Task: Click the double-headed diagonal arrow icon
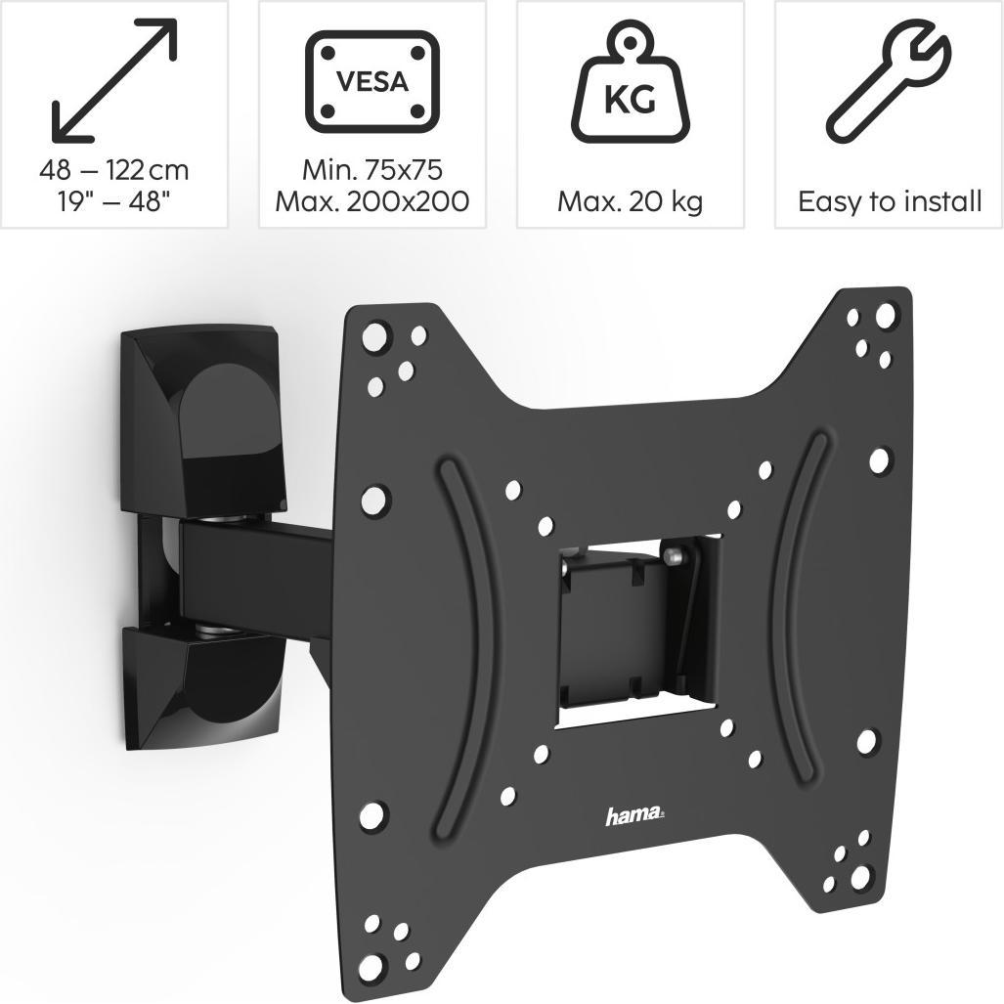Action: tap(114, 79)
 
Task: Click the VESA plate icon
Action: tap(371, 81)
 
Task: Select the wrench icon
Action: tap(887, 82)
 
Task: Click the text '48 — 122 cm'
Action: tap(114, 170)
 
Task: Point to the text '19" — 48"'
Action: tap(114, 202)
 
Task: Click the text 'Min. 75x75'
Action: tap(371, 170)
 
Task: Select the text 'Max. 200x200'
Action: tap(371, 202)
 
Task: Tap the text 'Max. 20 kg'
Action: tap(631, 202)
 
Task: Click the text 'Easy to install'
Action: tap(889, 202)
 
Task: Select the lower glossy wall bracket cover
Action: tap(200, 684)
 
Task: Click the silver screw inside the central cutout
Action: tap(672, 556)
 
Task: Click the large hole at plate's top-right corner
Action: tap(886, 315)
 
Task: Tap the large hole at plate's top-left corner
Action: tap(374, 338)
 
